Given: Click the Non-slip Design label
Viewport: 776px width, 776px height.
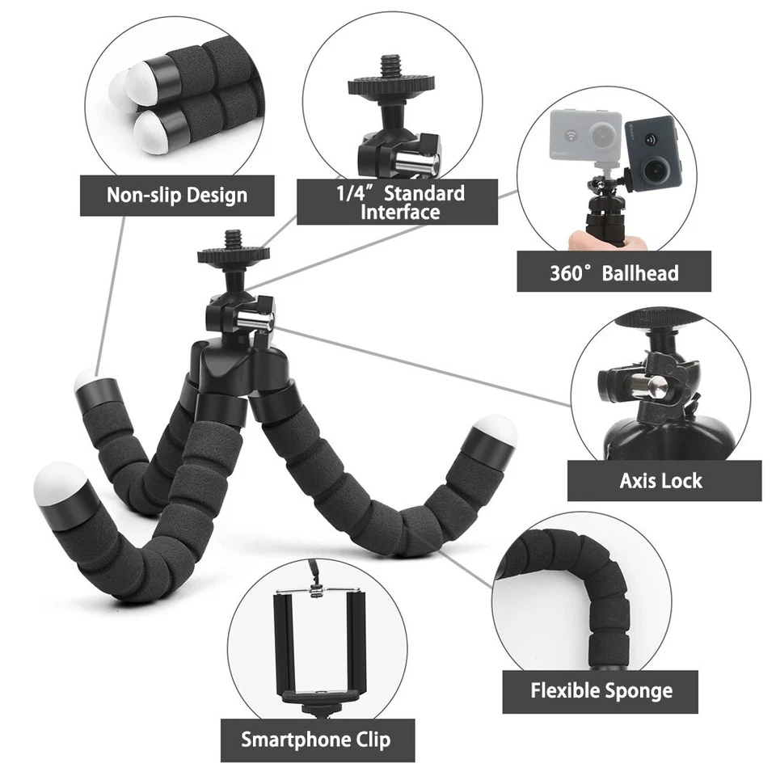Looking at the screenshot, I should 177,195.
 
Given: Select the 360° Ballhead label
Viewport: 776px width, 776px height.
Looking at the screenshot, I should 614,272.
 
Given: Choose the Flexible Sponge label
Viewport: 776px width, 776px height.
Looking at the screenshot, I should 601,691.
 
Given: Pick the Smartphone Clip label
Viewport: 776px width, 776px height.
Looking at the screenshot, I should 315,740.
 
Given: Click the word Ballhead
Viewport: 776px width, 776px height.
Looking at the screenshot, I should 640,272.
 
